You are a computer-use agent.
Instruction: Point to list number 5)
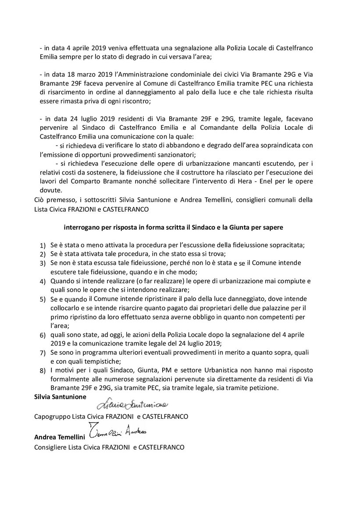pyautogui.click(x=43, y=300)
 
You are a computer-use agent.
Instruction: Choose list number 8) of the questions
pyautogui.click(x=43, y=371)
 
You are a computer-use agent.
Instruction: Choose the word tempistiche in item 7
pyautogui.click(x=99, y=362)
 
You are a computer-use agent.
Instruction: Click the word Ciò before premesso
pyautogui.click(x=39, y=200)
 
